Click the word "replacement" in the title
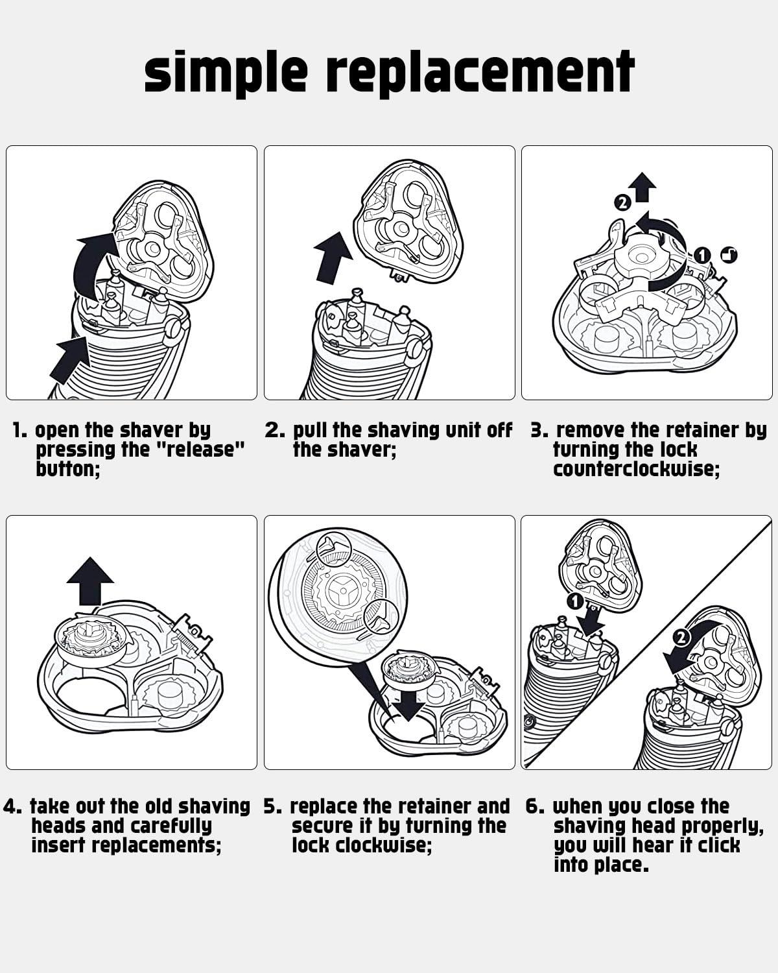pyautogui.click(x=480, y=73)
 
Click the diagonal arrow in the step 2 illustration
pyautogui.click(x=333, y=258)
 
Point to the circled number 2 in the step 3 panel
pyautogui.click(x=622, y=204)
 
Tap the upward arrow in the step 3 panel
pyautogui.click(x=644, y=187)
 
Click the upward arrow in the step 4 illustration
pyautogui.click(x=90, y=581)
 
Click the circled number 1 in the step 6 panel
pyautogui.click(x=574, y=601)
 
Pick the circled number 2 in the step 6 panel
pyautogui.click(x=681, y=638)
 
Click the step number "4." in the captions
pyautogui.click(x=12, y=806)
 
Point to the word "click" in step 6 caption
pyautogui.click(x=719, y=845)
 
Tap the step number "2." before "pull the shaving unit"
pyautogui.click(x=275, y=430)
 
